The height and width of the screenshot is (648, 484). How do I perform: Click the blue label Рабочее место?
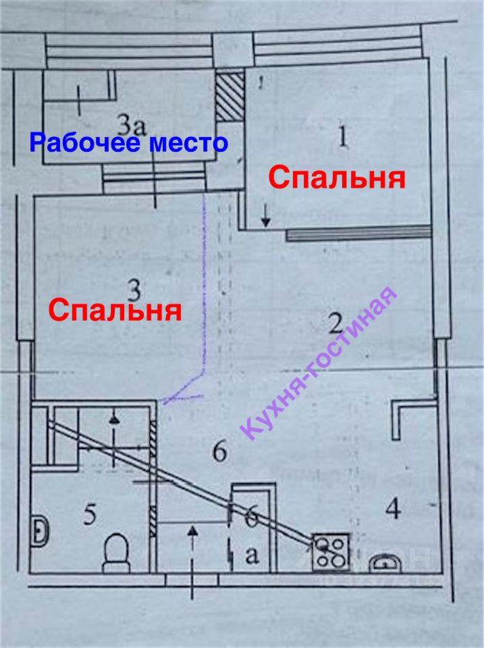pyautogui.click(x=128, y=143)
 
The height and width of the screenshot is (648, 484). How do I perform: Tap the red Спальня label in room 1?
pyautogui.click(x=336, y=179)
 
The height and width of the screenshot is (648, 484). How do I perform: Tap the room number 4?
pyautogui.click(x=394, y=508)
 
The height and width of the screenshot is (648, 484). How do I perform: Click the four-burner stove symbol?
pyautogui.click(x=331, y=550)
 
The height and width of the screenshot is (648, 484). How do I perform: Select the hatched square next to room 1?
pyautogui.click(x=227, y=97)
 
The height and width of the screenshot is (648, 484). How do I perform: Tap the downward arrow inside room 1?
pyautogui.click(x=265, y=215)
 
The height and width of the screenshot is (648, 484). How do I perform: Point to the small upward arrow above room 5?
pyautogui.click(x=115, y=420)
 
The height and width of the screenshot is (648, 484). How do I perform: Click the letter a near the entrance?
pyautogui.click(x=252, y=555)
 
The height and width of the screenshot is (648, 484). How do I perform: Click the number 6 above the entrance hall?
pyautogui.click(x=219, y=452)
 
